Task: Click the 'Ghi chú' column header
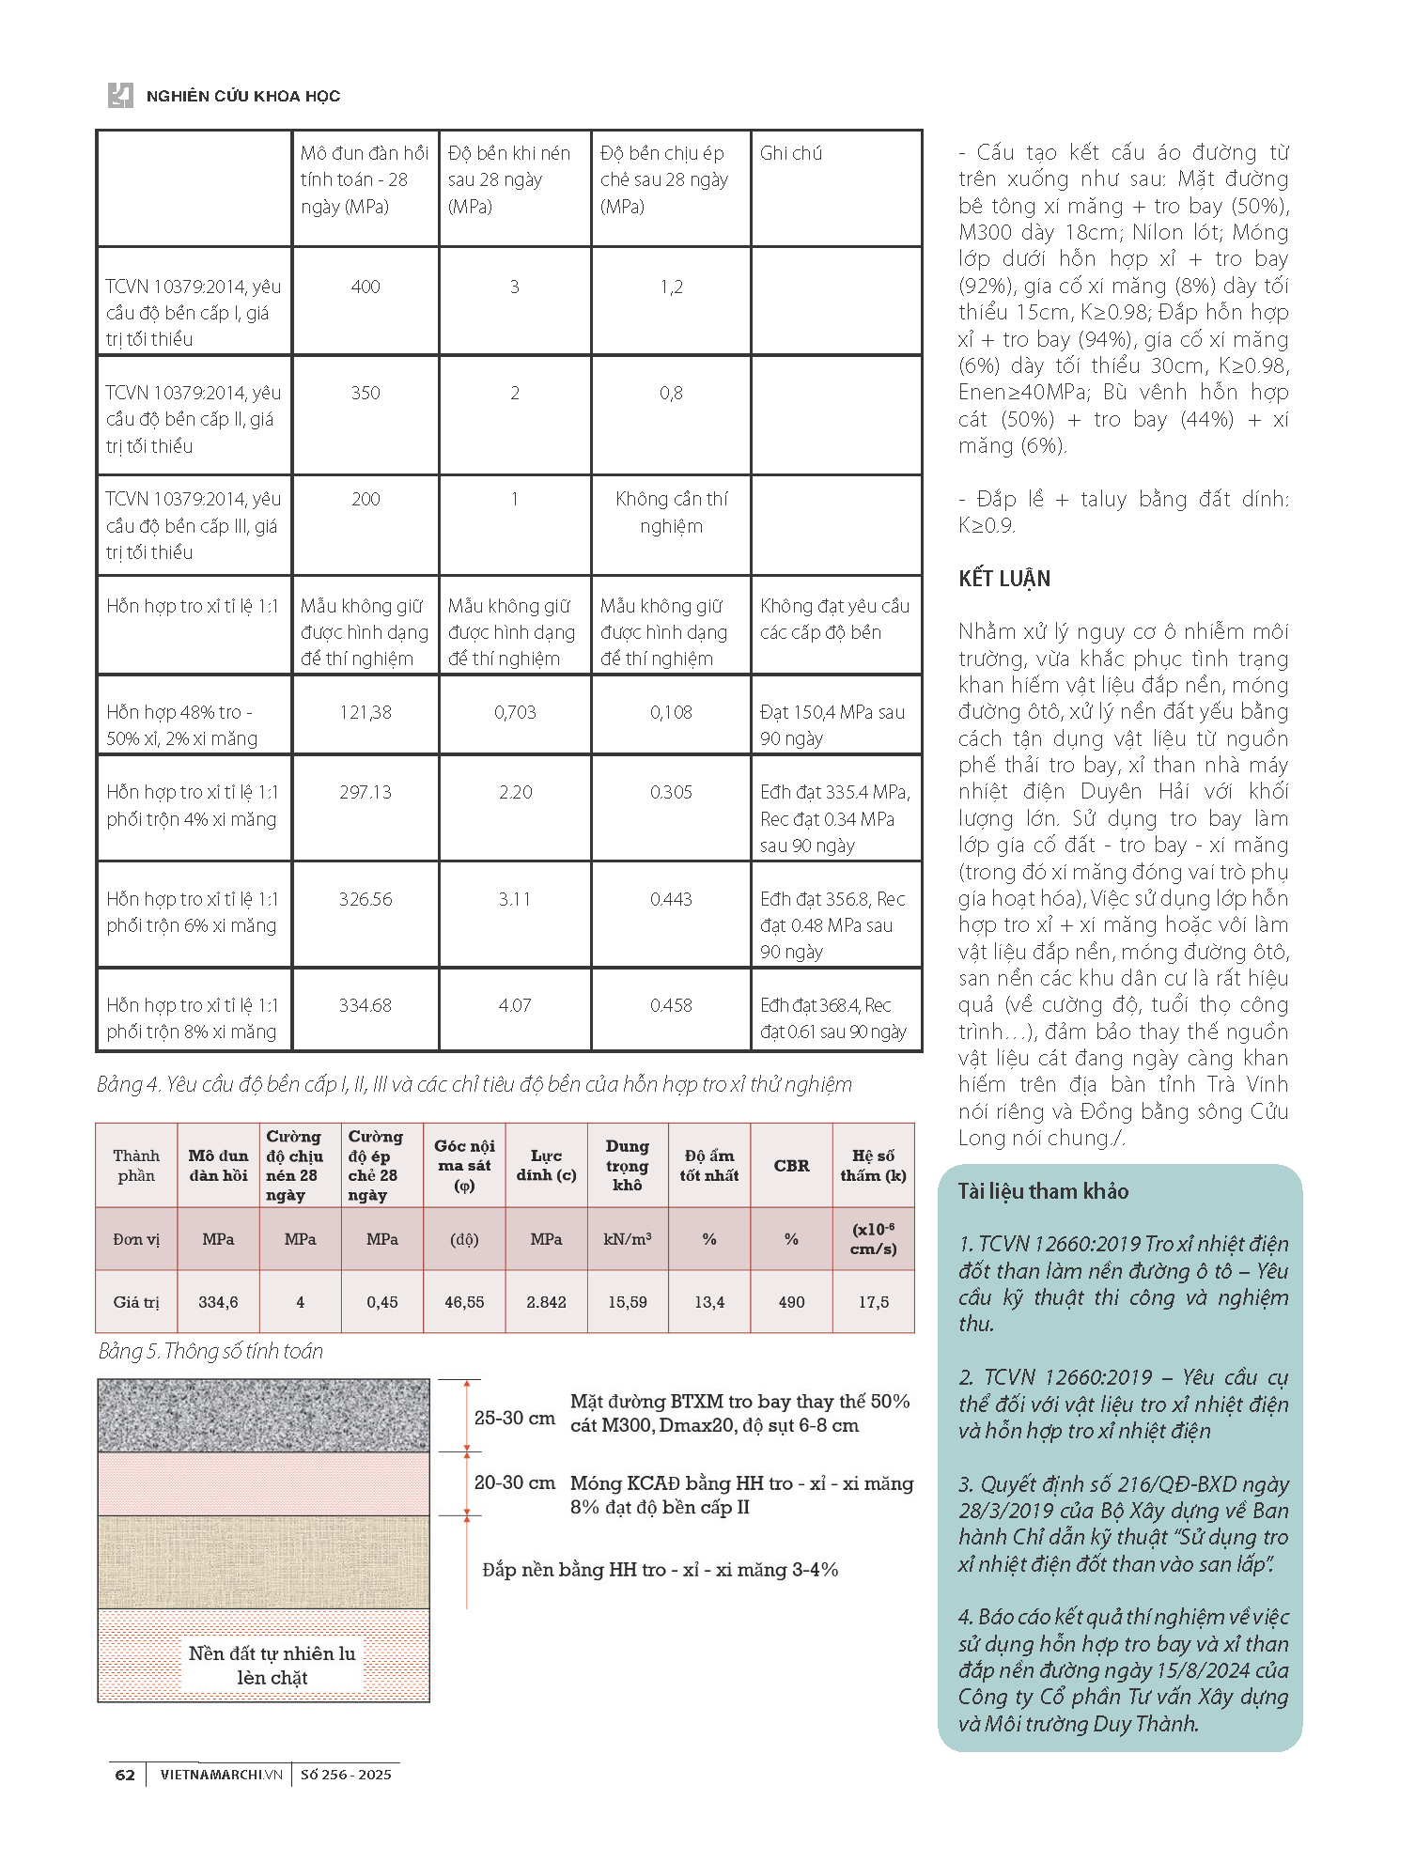[x=790, y=153]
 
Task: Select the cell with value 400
[x=365, y=287]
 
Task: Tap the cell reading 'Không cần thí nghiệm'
[x=671, y=512]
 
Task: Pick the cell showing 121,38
[x=365, y=712]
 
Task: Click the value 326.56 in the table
[x=365, y=899]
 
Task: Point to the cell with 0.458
[x=671, y=1005]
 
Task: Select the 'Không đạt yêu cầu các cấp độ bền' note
[x=834, y=619]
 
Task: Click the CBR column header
[x=791, y=1165]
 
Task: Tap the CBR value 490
[x=791, y=1302]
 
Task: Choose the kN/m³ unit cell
[x=628, y=1239]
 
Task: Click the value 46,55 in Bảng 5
[x=464, y=1302]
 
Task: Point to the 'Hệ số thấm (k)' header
[x=873, y=1165]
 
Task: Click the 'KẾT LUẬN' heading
[x=1004, y=579]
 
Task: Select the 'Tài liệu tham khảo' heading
[x=1043, y=1191]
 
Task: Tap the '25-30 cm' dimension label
[x=514, y=1418]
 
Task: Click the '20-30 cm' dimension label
[x=514, y=1482]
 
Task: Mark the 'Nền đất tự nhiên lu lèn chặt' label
[x=272, y=1665]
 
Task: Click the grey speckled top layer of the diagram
[x=263, y=1415]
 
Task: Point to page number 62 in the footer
[x=125, y=1775]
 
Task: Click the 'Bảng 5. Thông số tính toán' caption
[x=210, y=1351]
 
